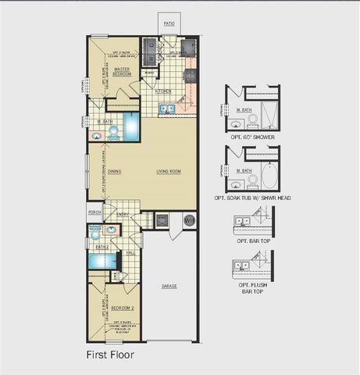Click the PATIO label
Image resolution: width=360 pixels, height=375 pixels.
[x=169, y=24]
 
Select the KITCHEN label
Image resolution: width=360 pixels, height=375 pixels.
[x=164, y=91]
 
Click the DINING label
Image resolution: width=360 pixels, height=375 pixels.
[x=114, y=171]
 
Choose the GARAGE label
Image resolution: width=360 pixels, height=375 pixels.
[x=169, y=286]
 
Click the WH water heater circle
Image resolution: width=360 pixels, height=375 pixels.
[x=189, y=221]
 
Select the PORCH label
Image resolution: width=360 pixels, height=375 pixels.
[x=94, y=212]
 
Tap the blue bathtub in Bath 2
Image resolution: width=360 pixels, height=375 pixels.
[x=102, y=260]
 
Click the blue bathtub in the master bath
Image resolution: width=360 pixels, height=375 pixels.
[x=130, y=125]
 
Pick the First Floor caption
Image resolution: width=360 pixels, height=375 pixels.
[x=109, y=354]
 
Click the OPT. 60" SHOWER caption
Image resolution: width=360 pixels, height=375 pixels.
[x=254, y=137]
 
